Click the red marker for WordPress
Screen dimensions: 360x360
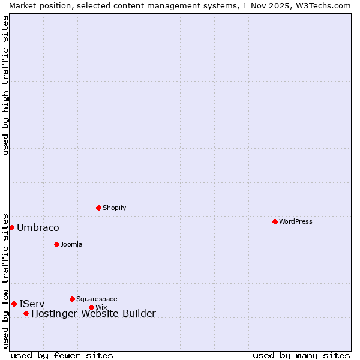click(x=275, y=221)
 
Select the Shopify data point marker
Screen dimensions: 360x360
click(x=98, y=208)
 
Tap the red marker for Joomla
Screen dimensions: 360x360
click(x=56, y=244)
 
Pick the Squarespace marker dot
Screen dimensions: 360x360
click(x=72, y=299)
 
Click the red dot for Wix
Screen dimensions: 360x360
click(x=91, y=307)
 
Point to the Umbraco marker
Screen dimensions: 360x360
click(x=11, y=227)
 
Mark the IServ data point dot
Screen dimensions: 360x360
click(x=14, y=304)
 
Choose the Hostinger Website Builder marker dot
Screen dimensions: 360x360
click(x=26, y=313)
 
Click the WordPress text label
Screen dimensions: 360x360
click(x=296, y=221)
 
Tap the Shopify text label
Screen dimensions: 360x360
click(x=114, y=208)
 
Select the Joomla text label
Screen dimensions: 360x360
click(x=71, y=244)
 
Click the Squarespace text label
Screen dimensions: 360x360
click(x=97, y=299)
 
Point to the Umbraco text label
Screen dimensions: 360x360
click(x=38, y=228)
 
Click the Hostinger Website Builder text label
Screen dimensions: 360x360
click(x=93, y=314)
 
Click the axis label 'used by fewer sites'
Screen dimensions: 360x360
click(x=62, y=355)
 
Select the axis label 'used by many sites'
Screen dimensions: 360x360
click(x=301, y=355)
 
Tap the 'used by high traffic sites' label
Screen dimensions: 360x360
click(x=5, y=85)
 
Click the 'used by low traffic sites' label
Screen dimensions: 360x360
click(x=5, y=280)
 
